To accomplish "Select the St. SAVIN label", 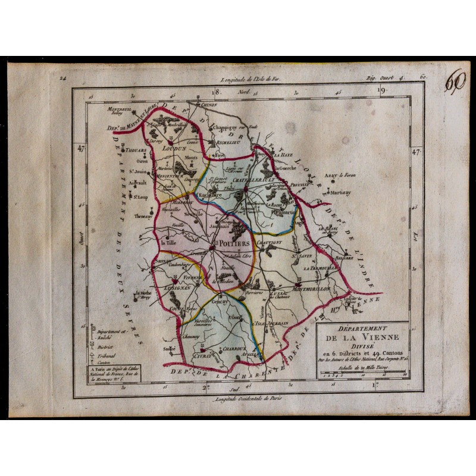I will (x=303, y=256).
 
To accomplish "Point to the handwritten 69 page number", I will (x=456, y=83).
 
